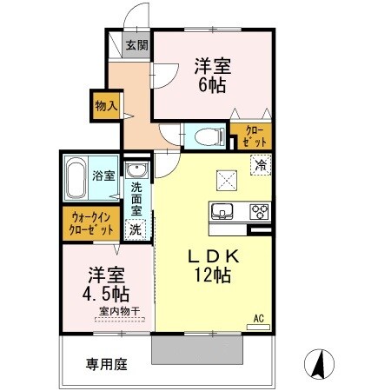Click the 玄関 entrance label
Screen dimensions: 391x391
click(x=136, y=46)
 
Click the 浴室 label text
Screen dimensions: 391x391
click(x=104, y=176)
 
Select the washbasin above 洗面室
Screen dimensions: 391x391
click(x=136, y=169)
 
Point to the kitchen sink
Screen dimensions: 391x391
click(x=221, y=211)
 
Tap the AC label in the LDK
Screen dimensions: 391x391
click(x=258, y=319)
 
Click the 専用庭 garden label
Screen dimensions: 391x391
click(x=104, y=364)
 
